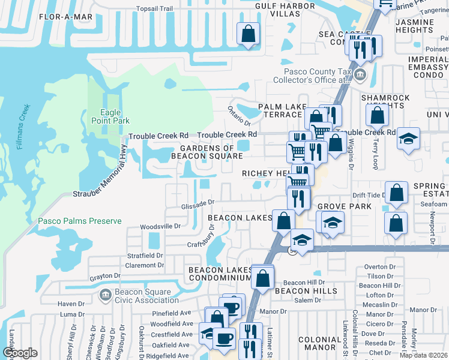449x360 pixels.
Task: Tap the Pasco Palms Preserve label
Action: tap(80, 221)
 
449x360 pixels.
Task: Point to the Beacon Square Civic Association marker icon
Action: tap(105, 295)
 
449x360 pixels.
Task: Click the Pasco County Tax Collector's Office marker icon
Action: tap(360, 75)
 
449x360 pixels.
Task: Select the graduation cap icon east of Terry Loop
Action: tap(408, 139)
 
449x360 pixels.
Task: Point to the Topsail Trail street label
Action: tap(154, 9)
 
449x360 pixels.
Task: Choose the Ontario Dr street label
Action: tap(238, 112)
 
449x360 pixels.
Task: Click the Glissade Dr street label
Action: tap(197, 206)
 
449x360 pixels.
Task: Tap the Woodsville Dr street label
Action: tap(160, 227)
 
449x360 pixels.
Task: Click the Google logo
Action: tap(20, 353)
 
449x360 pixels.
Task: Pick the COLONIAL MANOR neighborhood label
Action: tap(320, 343)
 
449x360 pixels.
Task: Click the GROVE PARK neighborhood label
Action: tap(345, 206)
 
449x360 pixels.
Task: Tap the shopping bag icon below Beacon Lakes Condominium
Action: tap(262, 278)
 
